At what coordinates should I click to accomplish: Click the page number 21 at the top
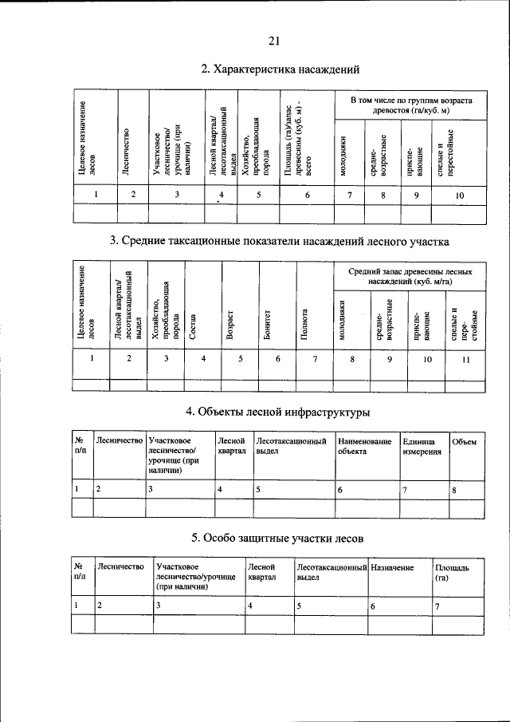click(273, 41)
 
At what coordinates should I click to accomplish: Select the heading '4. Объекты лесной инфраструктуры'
click(278, 412)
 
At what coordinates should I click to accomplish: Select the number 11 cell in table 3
click(465, 360)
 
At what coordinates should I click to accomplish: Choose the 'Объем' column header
click(464, 441)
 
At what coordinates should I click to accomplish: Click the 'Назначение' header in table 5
click(392, 567)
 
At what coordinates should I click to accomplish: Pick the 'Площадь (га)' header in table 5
click(452, 572)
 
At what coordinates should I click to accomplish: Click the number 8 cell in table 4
click(454, 491)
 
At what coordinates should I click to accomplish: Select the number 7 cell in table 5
click(437, 606)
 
